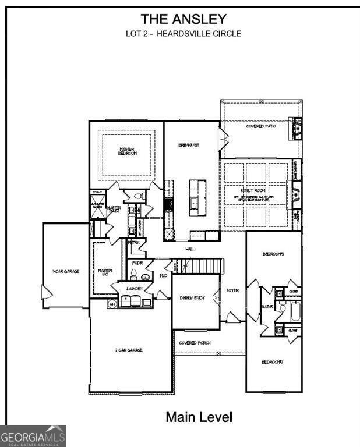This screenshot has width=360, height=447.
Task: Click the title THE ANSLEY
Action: pos(183,20)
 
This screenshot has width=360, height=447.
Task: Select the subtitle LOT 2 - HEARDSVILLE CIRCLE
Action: pos(183,33)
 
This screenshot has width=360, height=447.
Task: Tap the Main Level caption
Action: pos(199,417)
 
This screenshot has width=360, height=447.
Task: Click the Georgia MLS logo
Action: pos(33,436)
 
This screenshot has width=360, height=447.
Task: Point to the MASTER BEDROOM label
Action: pos(128,151)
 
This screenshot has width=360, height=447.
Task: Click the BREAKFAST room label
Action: pos(189,144)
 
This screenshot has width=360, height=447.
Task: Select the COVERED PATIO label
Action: pos(260,126)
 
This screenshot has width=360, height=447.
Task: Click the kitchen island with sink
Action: pos(197,196)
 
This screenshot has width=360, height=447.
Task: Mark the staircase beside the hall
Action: pos(202,266)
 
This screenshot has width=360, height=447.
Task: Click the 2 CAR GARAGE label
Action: pos(129,350)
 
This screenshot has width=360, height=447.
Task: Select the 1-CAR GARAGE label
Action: pos(65,271)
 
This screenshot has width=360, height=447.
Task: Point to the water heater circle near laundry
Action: pos(112,304)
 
